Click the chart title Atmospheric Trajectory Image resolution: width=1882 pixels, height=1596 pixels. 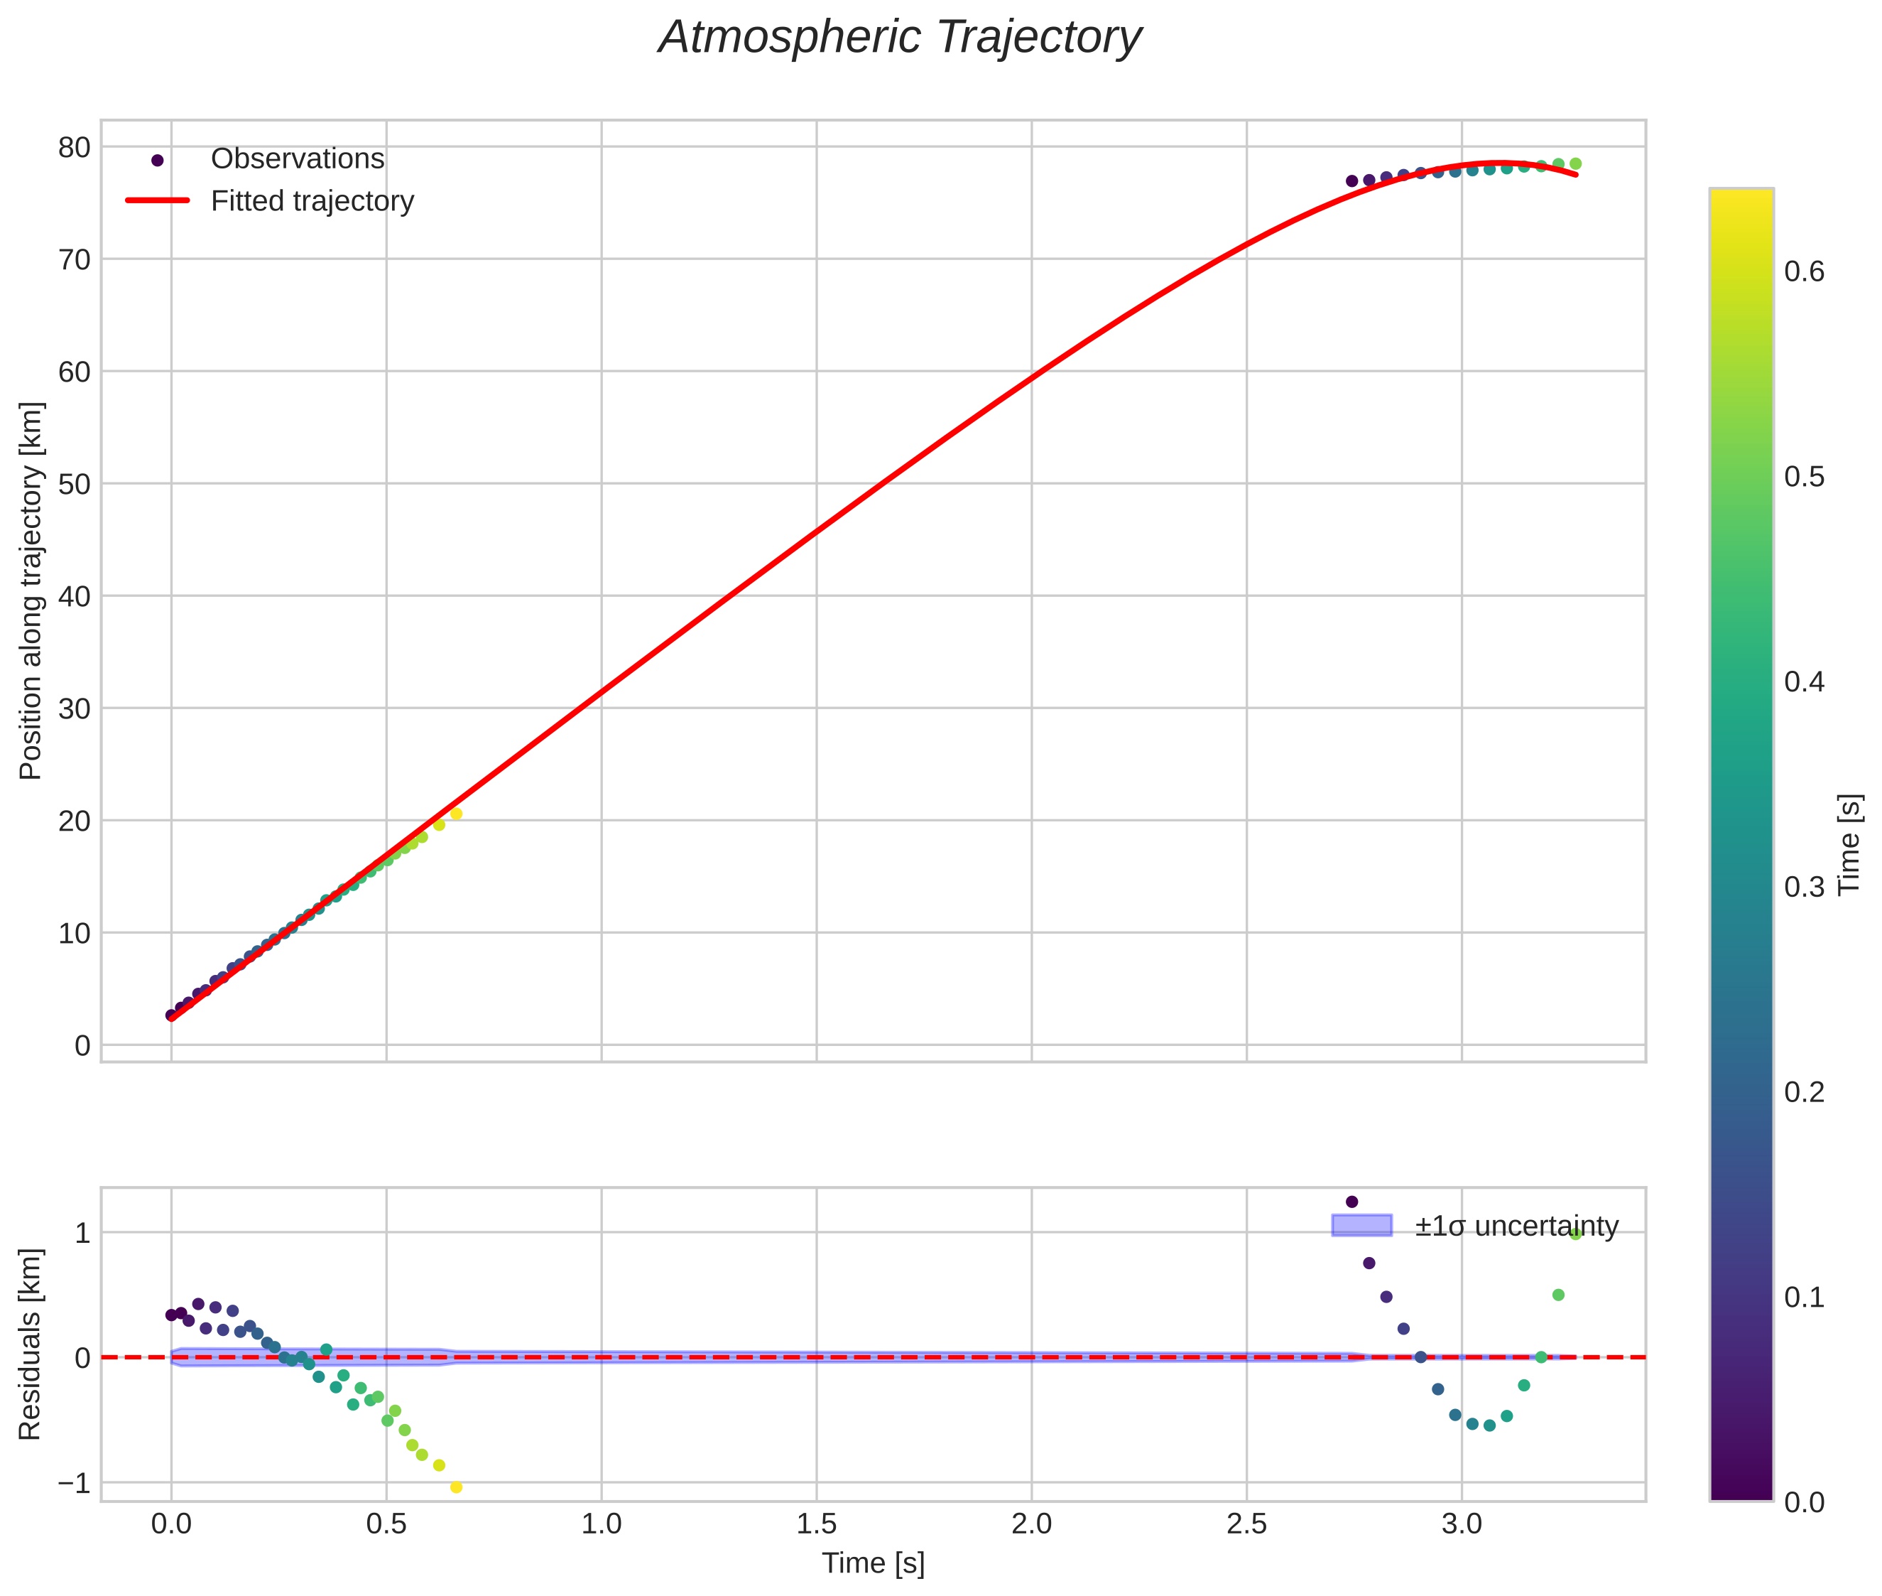(899, 38)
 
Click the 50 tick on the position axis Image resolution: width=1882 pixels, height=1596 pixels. (74, 484)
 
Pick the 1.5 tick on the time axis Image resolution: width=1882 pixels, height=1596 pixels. (816, 1524)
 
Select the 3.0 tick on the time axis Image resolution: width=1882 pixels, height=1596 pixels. (1462, 1524)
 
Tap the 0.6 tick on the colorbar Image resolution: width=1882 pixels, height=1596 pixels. (1804, 271)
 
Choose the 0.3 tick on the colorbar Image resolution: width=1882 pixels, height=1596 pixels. (1804, 888)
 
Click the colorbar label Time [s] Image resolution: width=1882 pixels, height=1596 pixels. (1850, 844)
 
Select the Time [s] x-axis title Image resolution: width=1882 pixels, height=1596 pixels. (873, 1563)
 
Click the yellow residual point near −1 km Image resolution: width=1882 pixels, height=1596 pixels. (456, 1487)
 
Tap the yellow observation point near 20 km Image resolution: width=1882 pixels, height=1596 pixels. (456, 814)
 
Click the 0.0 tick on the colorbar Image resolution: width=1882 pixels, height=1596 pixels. (1804, 1503)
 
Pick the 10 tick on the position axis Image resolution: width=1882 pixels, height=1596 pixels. (74, 934)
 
